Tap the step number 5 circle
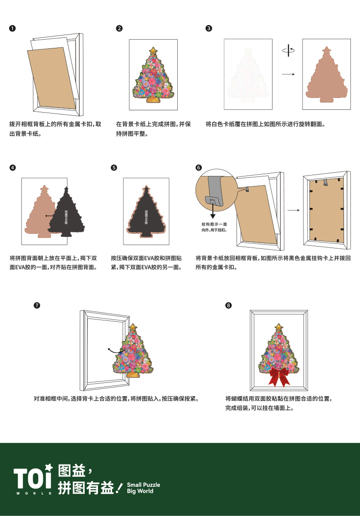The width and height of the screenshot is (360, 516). tap(113, 168)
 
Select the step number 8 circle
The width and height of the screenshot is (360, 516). tap(228, 305)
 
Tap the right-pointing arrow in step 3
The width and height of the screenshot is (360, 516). tap(288, 74)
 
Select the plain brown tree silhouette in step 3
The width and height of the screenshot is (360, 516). tap(326, 76)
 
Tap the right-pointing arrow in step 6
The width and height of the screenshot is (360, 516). tap(294, 210)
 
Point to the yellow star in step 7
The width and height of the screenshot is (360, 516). tap(133, 327)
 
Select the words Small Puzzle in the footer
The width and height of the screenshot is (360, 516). tap(143, 485)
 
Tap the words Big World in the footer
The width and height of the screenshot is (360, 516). tap(140, 491)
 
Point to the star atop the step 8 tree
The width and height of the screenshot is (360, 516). tap(278, 327)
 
